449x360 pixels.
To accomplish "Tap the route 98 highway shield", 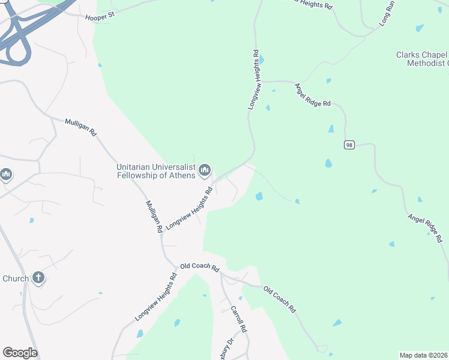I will click(x=349, y=145).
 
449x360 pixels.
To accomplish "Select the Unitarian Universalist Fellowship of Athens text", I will click(x=155, y=171).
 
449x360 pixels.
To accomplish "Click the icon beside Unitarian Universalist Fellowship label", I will click(x=205, y=171).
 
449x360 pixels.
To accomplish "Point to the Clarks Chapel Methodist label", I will click(x=421, y=59).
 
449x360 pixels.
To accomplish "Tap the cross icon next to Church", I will click(x=38, y=278).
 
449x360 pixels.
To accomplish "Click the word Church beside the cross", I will click(x=16, y=278).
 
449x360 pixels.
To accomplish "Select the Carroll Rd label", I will click(x=239, y=320).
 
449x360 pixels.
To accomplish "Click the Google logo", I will click(x=20, y=353).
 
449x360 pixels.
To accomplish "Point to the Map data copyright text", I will click(x=423, y=355).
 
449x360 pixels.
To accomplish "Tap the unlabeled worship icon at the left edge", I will click(x=6, y=175).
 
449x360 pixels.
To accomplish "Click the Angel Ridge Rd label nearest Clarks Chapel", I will click(x=312, y=95).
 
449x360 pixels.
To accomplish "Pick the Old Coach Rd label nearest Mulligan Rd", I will click(x=200, y=266).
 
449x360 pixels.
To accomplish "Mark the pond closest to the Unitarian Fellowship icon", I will click(x=259, y=196).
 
